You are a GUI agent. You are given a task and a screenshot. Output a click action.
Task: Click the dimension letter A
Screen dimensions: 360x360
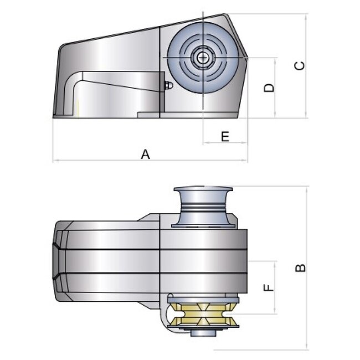[x=145, y=155]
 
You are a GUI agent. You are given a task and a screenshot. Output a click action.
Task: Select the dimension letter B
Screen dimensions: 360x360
[x=300, y=268]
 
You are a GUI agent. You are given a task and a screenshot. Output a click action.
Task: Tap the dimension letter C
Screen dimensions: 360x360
[x=299, y=66]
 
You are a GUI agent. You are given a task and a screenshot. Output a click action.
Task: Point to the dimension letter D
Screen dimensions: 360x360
[x=269, y=88]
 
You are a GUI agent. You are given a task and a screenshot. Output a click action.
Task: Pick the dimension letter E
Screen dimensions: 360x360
[x=225, y=136]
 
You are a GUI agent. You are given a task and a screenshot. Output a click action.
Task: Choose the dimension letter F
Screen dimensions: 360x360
[x=268, y=287]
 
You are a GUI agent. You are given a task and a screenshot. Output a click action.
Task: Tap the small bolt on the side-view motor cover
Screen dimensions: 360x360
[x=168, y=86]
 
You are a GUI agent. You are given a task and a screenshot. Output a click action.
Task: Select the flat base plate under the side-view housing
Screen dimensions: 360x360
[x=188, y=115]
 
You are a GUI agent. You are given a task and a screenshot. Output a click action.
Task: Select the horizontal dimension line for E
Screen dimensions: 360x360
[x=225, y=142]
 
